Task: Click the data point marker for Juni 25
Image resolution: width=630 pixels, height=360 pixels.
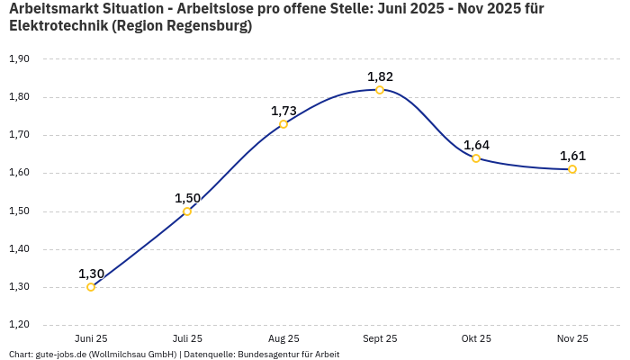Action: tap(91, 287)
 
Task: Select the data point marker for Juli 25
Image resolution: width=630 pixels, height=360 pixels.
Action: tap(187, 211)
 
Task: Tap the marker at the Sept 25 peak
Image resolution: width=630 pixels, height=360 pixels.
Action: tap(380, 90)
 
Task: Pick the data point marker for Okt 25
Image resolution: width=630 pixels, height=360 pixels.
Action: tap(476, 158)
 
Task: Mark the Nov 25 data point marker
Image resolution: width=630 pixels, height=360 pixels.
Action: tap(572, 169)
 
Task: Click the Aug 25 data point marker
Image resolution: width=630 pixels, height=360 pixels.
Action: tap(283, 124)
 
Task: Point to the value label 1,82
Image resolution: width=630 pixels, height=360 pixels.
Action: tap(380, 76)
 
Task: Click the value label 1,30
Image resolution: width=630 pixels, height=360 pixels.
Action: tap(91, 274)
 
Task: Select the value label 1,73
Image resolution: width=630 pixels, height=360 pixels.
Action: tap(283, 111)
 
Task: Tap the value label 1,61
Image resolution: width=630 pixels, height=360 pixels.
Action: tap(572, 156)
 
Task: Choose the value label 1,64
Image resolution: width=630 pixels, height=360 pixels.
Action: tap(476, 145)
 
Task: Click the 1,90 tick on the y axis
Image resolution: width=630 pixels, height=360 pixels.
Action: tap(19, 59)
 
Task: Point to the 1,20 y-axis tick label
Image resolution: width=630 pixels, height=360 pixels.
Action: tap(19, 325)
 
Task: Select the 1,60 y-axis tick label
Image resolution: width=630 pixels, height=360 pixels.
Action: tap(19, 173)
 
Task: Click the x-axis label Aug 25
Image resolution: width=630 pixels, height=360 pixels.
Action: tap(283, 338)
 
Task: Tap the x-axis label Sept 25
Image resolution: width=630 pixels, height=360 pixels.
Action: tap(380, 338)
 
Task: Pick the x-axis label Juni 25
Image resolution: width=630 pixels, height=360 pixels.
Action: tap(91, 338)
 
